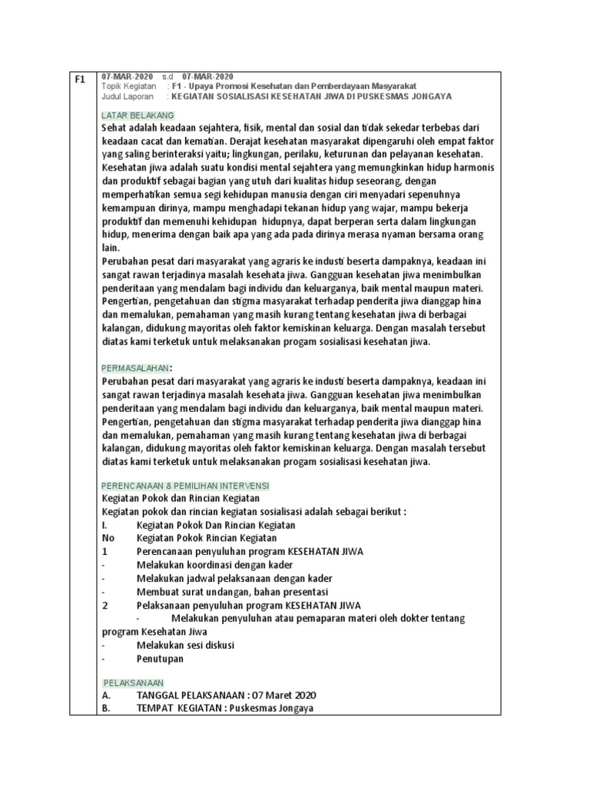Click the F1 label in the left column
[79, 79]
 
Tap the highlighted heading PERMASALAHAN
[134, 368]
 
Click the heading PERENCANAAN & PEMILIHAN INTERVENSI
[186, 486]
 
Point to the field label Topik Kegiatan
[128, 87]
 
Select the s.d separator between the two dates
[168, 77]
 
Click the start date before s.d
[127, 77]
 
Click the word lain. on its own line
[111, 247]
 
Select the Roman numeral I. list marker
[105, 525]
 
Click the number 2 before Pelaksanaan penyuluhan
[105, 605]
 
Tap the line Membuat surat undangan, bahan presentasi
[232, 592]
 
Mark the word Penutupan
[160, 659]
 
